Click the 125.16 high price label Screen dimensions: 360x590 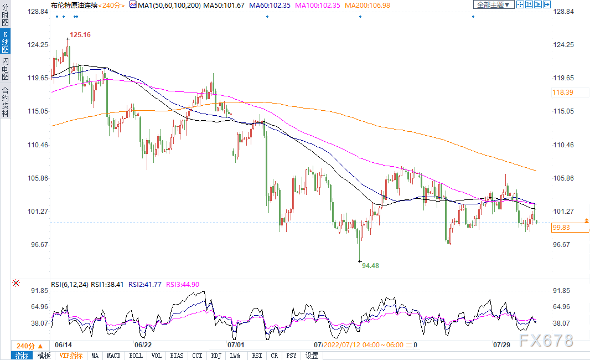click(80, 34)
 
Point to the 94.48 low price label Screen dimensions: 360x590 click(370, 266)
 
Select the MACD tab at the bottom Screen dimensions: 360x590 click(113, 356)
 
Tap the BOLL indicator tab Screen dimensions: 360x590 click(135, 356)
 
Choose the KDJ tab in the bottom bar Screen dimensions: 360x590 click(216, 356)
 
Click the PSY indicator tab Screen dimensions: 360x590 click(291, 356)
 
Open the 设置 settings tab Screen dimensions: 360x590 click(312, 356)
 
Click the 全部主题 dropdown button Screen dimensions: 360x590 click(493, 4)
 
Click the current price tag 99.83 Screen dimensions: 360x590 click(561, 228)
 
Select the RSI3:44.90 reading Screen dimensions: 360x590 click(180, 285)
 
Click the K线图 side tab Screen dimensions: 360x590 click(5, 42)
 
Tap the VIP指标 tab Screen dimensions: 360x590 click(71, 356)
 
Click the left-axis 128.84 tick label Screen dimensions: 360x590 click(40, 12)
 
